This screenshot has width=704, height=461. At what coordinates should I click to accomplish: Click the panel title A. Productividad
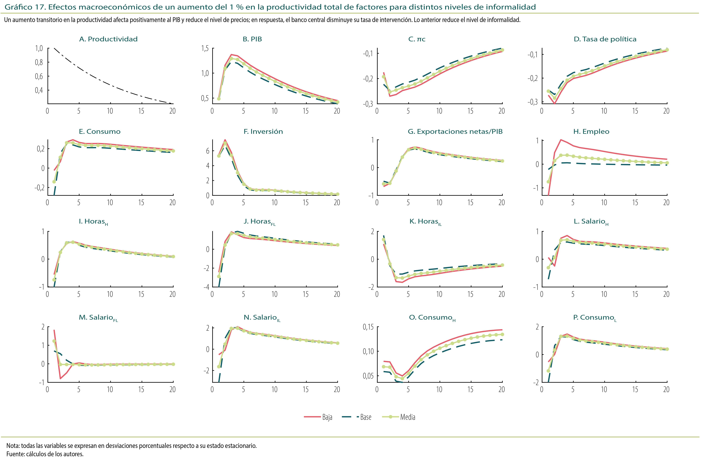pos(108,39)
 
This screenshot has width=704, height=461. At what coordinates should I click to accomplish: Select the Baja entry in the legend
pos(327,417)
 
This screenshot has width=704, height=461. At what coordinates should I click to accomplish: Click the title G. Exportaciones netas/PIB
pos(455,132)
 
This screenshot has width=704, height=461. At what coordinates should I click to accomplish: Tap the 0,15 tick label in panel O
pos(368,327)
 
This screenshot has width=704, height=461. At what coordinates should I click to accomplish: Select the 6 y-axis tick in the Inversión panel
pos(208,151)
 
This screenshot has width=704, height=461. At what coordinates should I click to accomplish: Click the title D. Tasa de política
pos(605,39)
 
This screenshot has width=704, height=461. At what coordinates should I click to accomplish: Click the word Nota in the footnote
pos(12,446)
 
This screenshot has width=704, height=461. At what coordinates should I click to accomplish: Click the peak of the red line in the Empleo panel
pos(561,140)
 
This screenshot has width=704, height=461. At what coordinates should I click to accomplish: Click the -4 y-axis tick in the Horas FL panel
pos(206,287)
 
